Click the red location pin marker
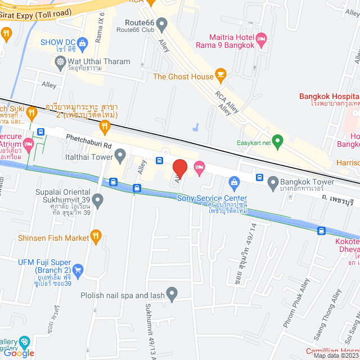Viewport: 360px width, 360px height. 179,168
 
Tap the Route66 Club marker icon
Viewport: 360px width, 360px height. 162,25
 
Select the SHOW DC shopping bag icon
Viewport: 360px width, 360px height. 83,43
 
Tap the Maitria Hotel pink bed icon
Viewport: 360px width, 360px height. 261,39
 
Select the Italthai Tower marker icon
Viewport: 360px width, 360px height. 120,154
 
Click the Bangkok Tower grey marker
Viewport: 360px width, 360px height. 273,182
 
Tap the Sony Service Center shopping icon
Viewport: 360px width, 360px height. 234,181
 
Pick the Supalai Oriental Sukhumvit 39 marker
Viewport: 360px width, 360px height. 98,200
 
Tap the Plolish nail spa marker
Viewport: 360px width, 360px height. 172,292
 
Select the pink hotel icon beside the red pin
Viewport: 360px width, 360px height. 200,166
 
